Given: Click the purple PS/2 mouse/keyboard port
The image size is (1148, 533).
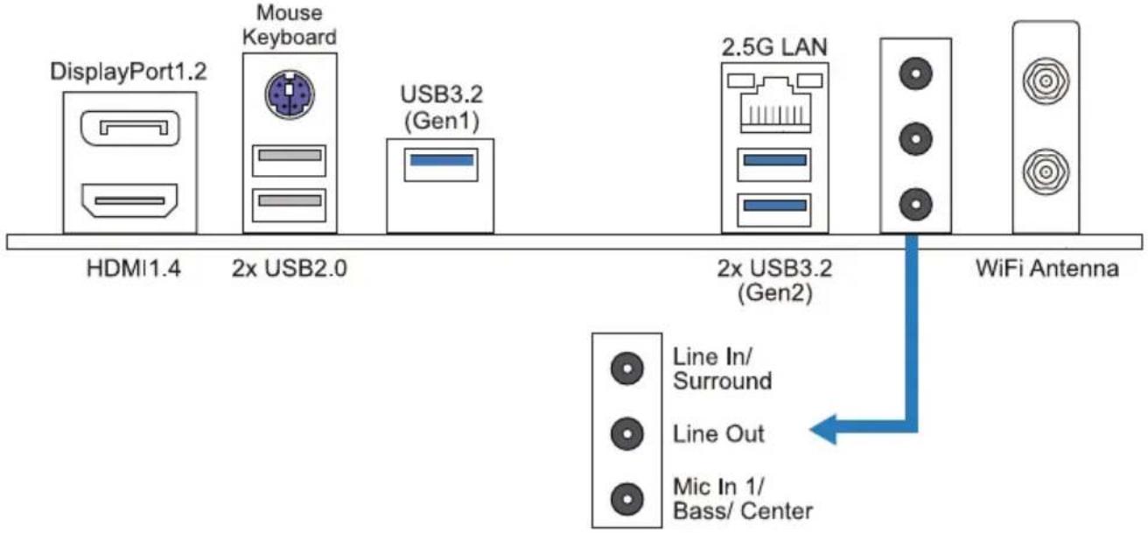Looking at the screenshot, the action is (290, 95).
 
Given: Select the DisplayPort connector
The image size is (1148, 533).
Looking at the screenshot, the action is (130, 128).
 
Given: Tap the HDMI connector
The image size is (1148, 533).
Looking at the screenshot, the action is (129, 200).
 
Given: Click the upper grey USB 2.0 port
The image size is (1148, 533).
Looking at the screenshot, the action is (290, 160).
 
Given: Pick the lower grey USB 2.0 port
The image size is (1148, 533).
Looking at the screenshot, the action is (290, 205).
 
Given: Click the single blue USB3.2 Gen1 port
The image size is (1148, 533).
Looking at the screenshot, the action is (441, 165).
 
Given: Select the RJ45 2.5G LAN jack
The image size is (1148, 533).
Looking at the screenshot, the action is (775, 103).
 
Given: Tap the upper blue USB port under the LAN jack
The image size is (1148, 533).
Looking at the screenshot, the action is (774, 165).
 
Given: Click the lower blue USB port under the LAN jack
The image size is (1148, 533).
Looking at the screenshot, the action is (774, 210).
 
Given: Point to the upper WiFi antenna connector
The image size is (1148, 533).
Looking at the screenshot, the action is (1046, 81).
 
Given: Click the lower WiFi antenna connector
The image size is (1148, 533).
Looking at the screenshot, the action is (1046, 172).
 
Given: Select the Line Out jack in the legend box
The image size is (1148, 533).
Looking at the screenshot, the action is (626, 433).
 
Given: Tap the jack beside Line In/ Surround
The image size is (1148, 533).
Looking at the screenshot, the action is (626, 368).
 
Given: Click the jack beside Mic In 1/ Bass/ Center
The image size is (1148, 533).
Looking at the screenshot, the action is (626, 499).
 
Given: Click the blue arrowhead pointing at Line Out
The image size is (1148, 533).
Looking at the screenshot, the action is (823, 429).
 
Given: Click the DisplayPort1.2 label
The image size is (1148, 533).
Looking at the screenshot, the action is (129, 71).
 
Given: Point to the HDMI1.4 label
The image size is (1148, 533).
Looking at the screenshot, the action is (134, 268).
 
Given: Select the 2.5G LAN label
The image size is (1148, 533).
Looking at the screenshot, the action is (774, 47).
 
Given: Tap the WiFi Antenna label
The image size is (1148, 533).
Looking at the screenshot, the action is (1047, 268).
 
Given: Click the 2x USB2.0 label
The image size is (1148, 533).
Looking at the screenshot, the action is (290, 268).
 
